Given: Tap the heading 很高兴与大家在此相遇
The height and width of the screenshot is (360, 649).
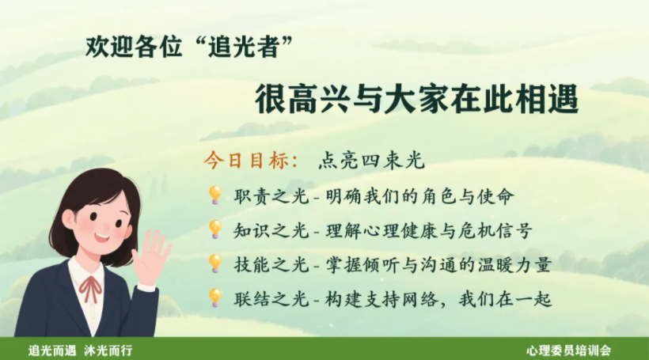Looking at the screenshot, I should tap(416, 100).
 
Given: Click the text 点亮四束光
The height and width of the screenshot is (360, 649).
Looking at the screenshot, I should tap(371, 161).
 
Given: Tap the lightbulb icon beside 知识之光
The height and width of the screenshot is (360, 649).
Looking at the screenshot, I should tap(214, 229).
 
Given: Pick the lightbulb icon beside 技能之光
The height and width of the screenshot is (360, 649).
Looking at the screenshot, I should tap(214, 263).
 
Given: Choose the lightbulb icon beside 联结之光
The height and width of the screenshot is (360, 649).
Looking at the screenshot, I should tap(214, 297).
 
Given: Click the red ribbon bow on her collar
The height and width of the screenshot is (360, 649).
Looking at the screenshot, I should tap(92, 286).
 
